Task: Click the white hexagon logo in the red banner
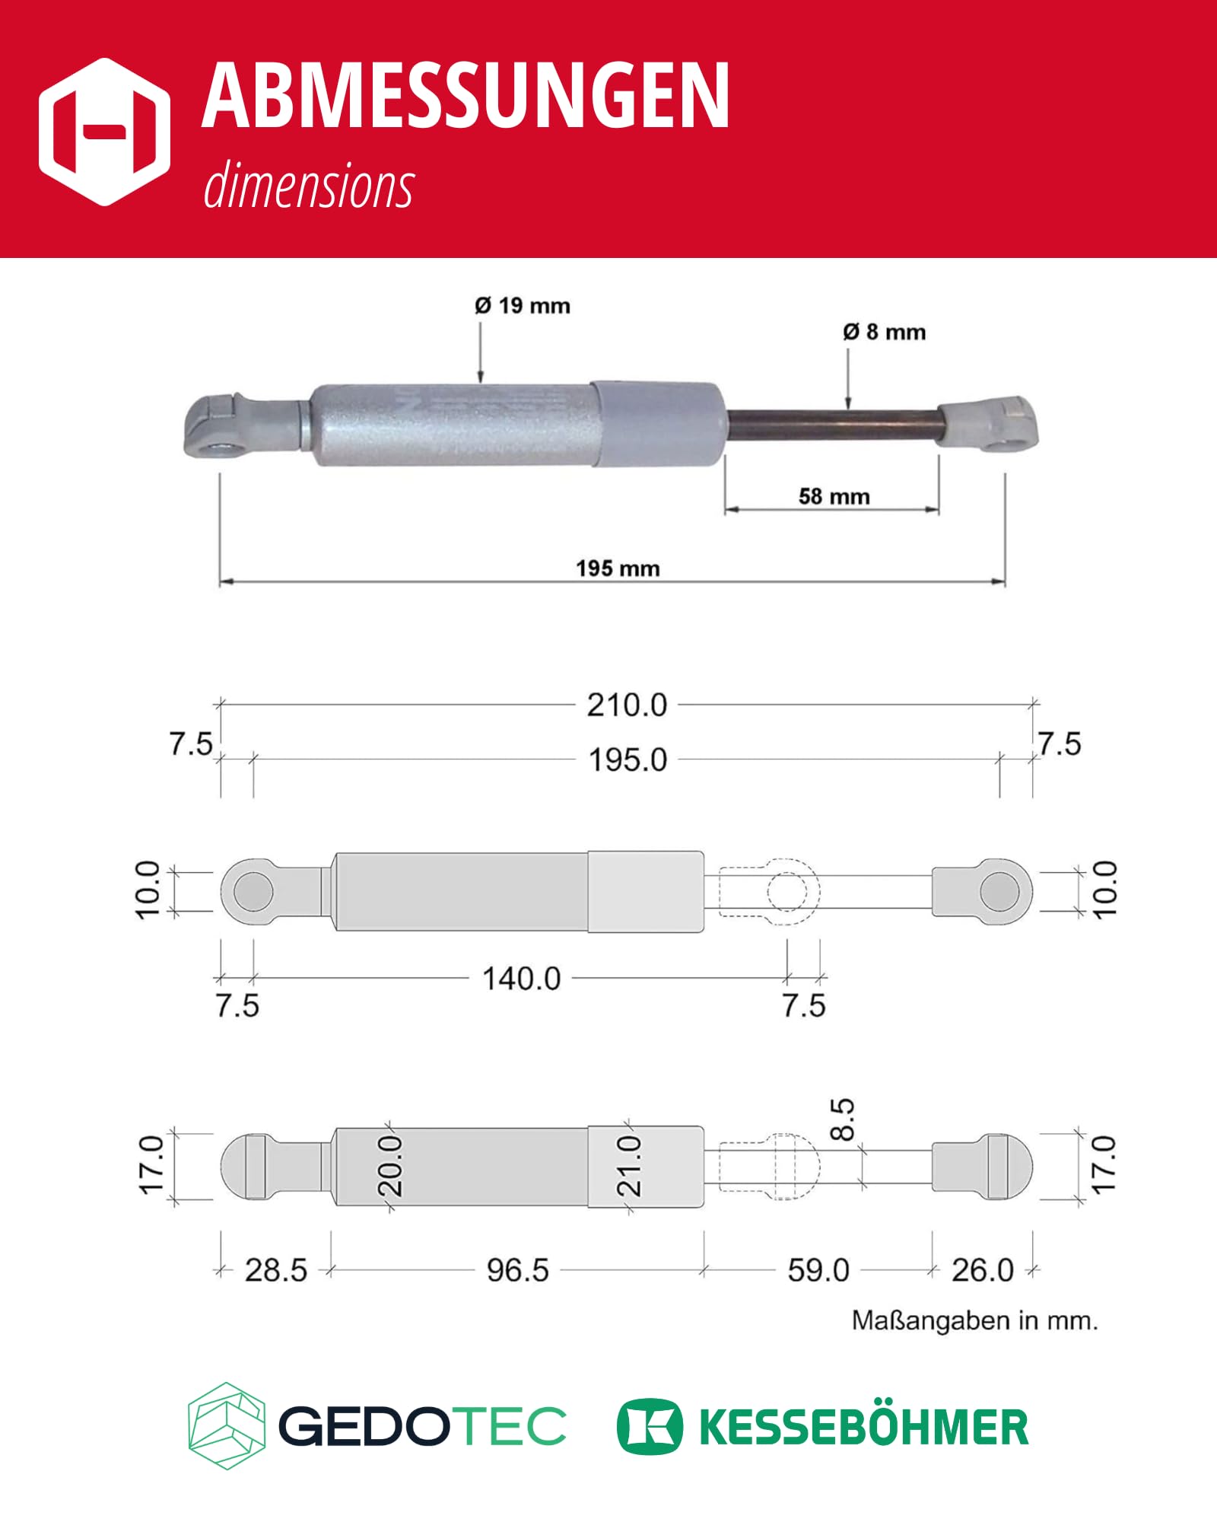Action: (104, 132)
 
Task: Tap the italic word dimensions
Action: (309, 185)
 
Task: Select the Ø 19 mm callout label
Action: (523, 306)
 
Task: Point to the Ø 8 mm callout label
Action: (885, 332)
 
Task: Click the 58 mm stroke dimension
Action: (834, 497)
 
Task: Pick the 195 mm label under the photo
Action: (618, 568)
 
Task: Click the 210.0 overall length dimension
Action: (627, 705)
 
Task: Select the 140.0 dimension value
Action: (522, 979)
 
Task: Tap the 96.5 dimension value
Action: (518, 1270)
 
